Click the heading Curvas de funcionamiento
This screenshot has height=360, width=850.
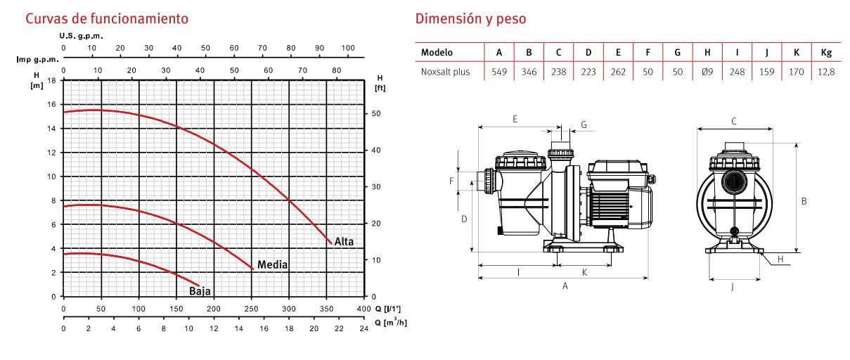(107, 18)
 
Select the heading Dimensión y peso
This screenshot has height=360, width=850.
(470, 18)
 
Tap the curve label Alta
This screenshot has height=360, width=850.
(344, 242)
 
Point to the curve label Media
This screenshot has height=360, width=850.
(273, 264)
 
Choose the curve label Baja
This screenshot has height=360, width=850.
(200, 291)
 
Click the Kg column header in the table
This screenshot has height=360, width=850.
(826, 52)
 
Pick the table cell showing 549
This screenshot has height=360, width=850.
(499, 72)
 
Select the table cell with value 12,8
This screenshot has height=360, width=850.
(826, 72)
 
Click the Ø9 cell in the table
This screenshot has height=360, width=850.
(707, 72)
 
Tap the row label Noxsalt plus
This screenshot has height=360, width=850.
(445, 72)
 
